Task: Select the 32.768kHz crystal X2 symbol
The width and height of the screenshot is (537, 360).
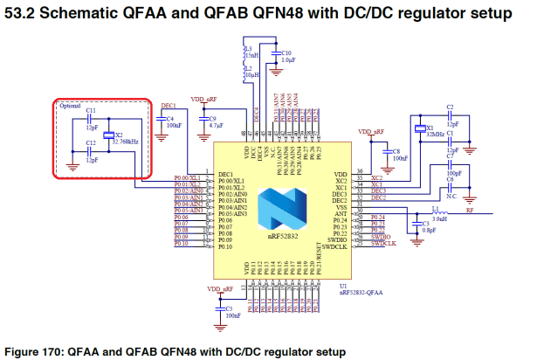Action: (x=107, y=135)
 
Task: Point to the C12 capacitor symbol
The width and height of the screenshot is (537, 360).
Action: (x=90, y=155)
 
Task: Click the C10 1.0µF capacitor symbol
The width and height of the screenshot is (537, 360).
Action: (x=275, y=58)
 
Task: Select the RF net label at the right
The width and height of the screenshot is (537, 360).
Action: (x=471, y=210)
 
